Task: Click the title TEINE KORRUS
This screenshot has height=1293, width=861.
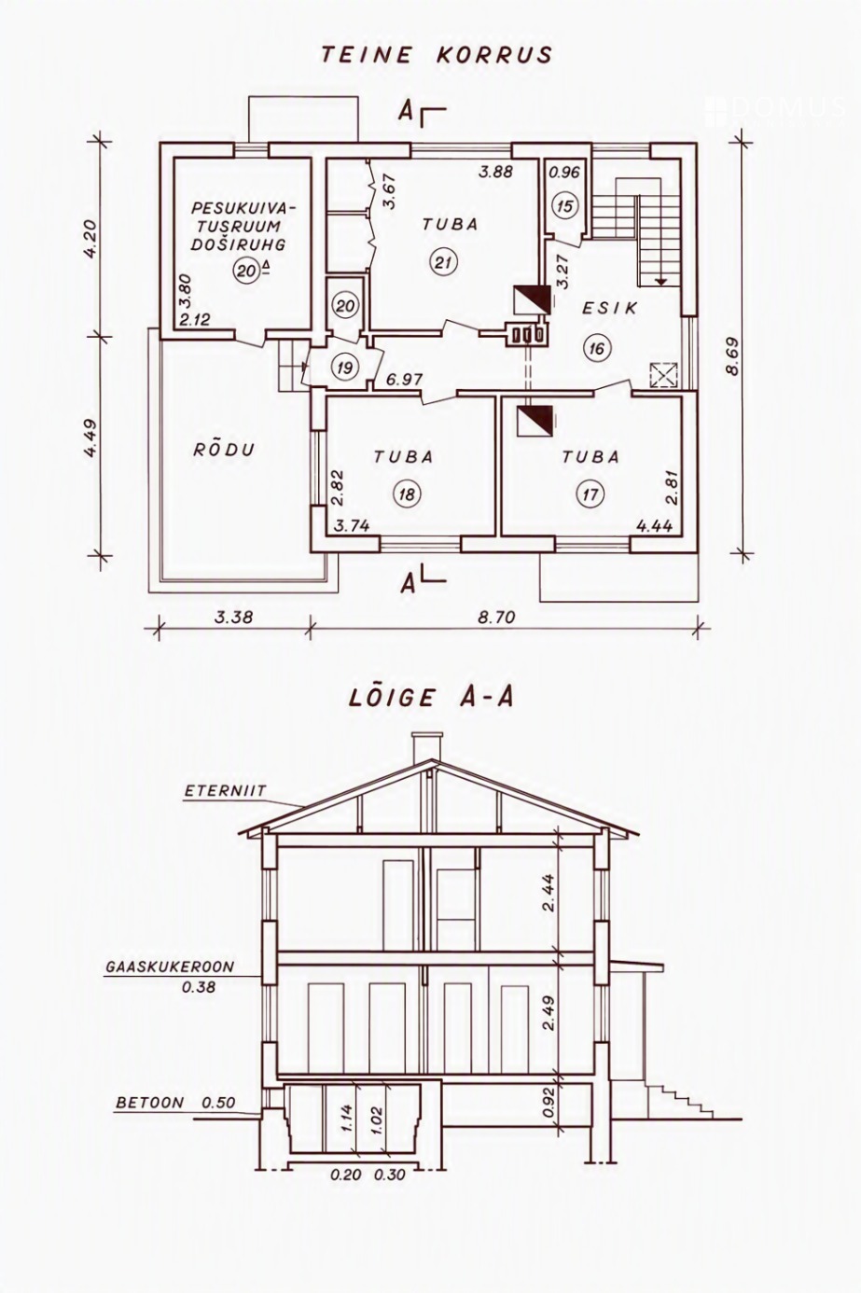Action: pos(437,55)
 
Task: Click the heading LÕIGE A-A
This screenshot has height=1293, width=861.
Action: pos(431,697)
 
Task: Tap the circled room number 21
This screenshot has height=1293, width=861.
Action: pos(443,263)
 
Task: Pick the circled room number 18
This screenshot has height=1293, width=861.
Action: pos(407,494)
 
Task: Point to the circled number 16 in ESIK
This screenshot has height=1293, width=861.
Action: pos(597,348)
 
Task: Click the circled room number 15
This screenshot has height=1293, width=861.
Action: pos(565,206)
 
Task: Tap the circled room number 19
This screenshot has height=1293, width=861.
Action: pos(345,368)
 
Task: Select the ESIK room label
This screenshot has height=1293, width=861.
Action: pos(609,308)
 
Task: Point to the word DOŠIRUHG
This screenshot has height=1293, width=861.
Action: pos(238,244)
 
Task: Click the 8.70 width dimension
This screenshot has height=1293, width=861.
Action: pos(496,618)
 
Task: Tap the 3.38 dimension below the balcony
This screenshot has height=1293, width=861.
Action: pos(233,618)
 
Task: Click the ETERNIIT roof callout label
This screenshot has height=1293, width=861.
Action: pos(226,791)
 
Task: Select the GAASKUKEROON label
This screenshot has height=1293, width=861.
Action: pos(169,967)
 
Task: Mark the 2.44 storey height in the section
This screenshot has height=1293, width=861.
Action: pos(549,894)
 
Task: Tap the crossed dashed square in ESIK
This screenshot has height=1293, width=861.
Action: pos(663,375)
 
